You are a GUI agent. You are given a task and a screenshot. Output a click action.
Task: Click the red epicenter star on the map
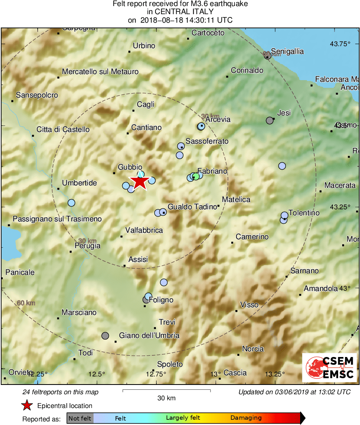(140, 182)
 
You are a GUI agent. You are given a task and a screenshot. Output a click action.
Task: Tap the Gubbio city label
(130, 167)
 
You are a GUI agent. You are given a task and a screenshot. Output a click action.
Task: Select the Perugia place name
(87, 245)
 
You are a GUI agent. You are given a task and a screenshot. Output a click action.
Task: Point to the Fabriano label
(212, 171)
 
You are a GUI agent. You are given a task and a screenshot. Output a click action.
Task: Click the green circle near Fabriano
(196, 176)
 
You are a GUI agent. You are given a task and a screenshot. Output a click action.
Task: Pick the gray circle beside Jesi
(270, 120)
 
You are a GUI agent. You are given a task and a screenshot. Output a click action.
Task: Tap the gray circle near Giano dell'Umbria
(105, 336)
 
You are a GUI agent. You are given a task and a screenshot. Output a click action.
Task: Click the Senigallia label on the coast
(287, 51)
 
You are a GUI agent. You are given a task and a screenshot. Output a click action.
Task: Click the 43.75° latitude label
(339, 44)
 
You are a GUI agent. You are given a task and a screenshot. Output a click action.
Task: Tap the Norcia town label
(253, 349)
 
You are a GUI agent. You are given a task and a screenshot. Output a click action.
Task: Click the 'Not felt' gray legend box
(80, 418)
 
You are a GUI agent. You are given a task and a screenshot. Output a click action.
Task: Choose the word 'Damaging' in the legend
(246, 418)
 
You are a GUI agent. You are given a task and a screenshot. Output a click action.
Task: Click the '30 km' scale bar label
(166, 398)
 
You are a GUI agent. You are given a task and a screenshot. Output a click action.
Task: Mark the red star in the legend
(27, 406)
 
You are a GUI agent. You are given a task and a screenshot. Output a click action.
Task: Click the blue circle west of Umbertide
(72, 202)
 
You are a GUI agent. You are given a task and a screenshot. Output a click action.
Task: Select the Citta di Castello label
(63, 130)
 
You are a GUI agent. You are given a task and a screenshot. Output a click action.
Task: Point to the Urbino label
(144, 46)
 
